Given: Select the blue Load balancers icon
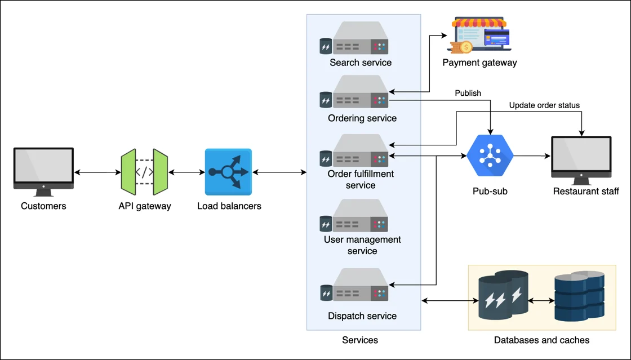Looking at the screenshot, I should [228, 172].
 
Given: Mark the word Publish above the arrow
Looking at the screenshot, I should [468, 93].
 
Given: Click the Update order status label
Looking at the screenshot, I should [544, 105].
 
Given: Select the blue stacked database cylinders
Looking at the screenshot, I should [579, 295].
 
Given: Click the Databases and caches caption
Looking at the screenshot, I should [541, 340].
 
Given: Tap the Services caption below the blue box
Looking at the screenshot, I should [360, 340].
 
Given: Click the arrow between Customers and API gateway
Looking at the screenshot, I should [97, 172].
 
